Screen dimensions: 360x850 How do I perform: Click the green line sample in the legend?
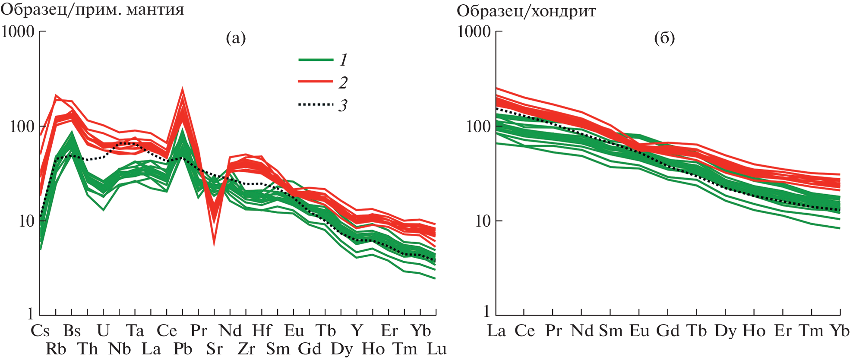coord(316,60)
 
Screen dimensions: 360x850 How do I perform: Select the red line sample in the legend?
coord(316,81)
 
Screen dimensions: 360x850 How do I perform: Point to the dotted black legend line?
coord(316,104)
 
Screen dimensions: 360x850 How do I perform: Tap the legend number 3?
coord(343,105)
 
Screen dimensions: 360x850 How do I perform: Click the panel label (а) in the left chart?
coord(236,38)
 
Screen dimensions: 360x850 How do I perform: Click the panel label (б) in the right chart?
coord(664,38)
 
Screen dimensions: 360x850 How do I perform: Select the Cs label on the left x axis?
coord(40,331)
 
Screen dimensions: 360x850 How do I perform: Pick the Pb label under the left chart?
coord(183,349)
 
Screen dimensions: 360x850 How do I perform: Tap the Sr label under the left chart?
coord(215,349)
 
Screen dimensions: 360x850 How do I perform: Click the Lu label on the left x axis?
coord(436,349)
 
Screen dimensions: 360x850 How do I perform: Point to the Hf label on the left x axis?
coord(262,331)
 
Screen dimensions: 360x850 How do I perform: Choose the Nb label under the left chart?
coord(119,349)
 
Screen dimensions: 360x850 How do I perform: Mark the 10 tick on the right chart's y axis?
coord(483,221)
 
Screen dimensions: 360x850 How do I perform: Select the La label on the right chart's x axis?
coord(496,331)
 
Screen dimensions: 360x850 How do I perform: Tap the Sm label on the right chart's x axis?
coord(611,331)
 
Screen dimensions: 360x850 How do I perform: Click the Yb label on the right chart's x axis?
coord(840,331)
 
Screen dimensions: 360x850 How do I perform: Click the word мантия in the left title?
coord(155,9)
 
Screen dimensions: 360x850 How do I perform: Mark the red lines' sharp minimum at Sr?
coord(214,244)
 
